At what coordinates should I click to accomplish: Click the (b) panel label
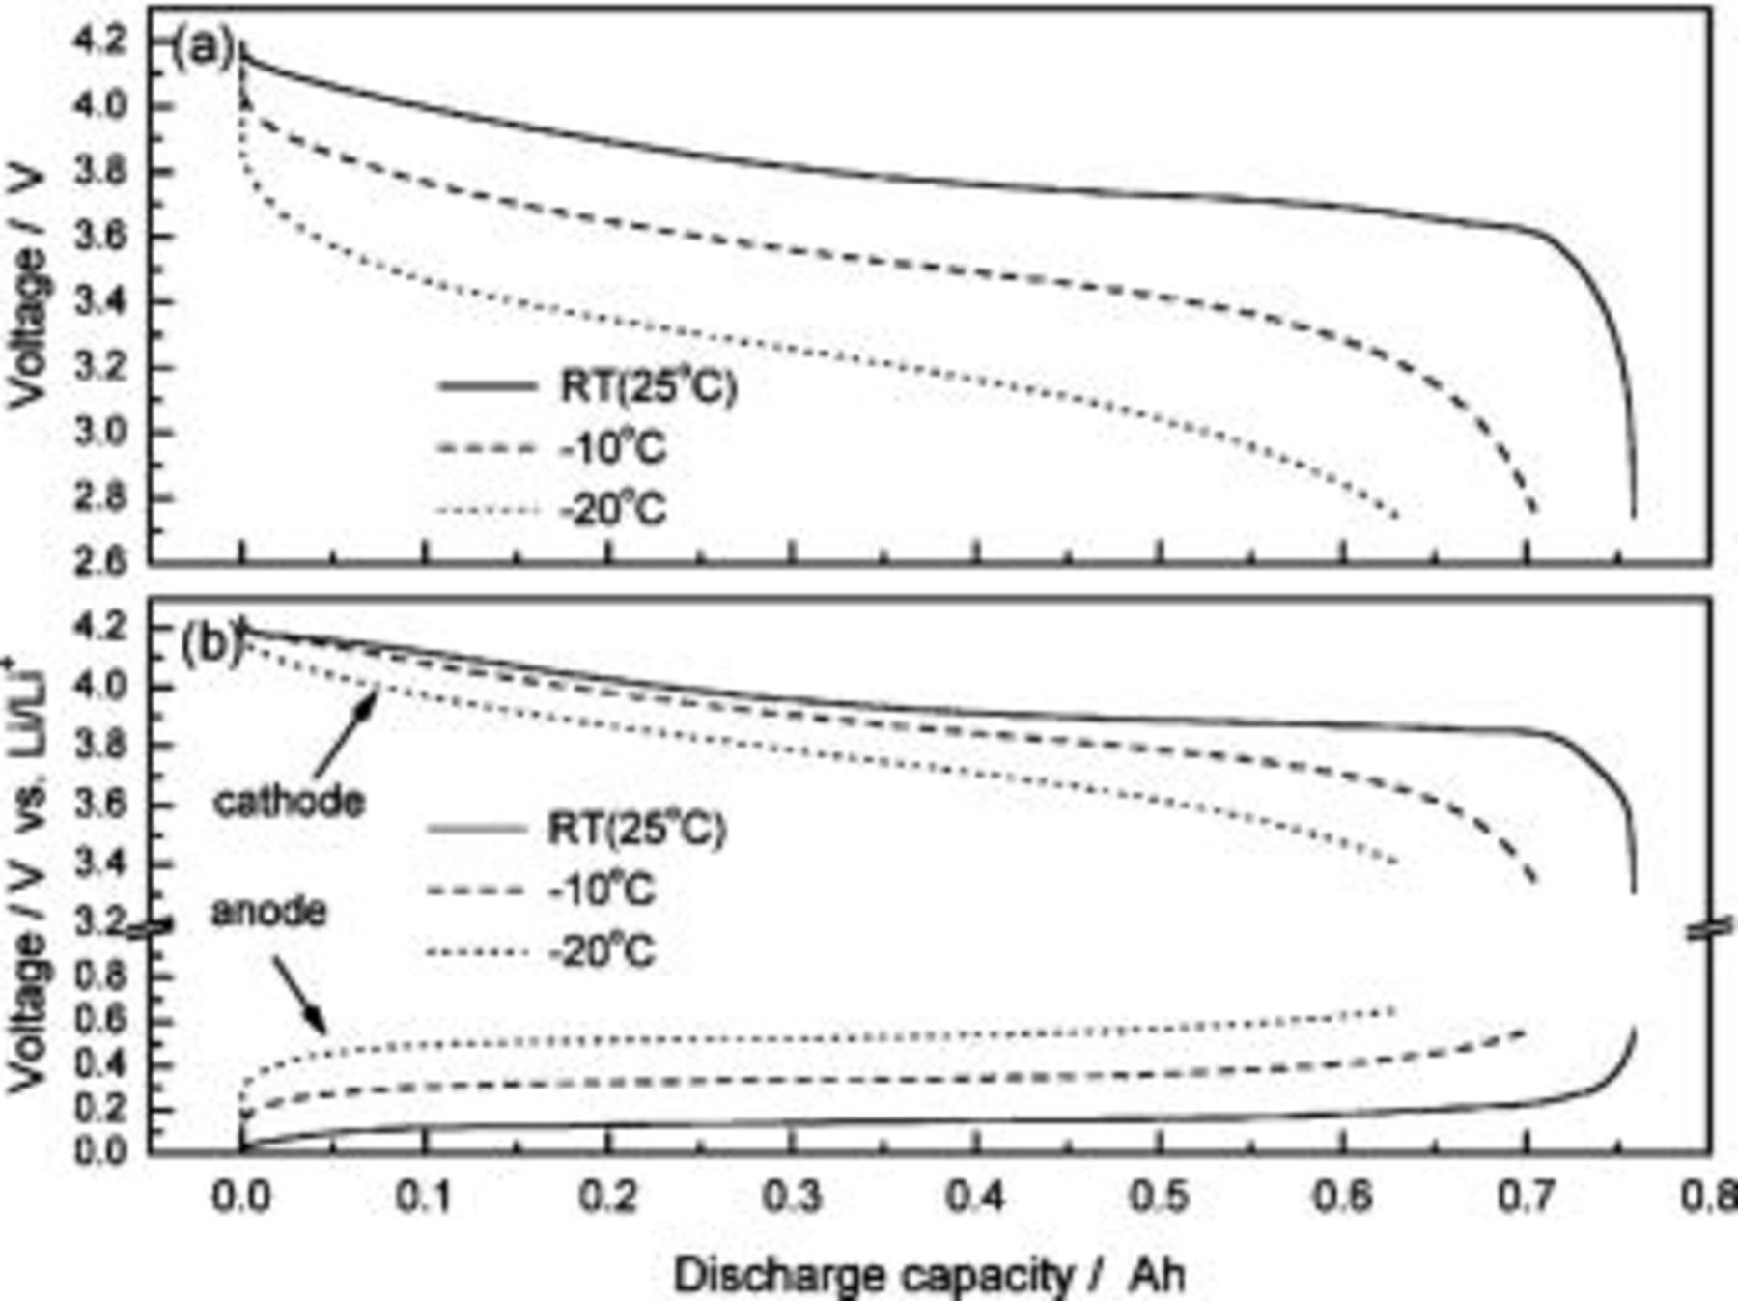[210, 644]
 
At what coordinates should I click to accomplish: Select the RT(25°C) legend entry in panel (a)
[648, 387]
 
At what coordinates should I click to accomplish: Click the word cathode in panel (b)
[289, 802]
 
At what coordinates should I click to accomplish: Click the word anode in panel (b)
[268, 911]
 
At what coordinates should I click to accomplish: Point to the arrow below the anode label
[298, 995]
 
